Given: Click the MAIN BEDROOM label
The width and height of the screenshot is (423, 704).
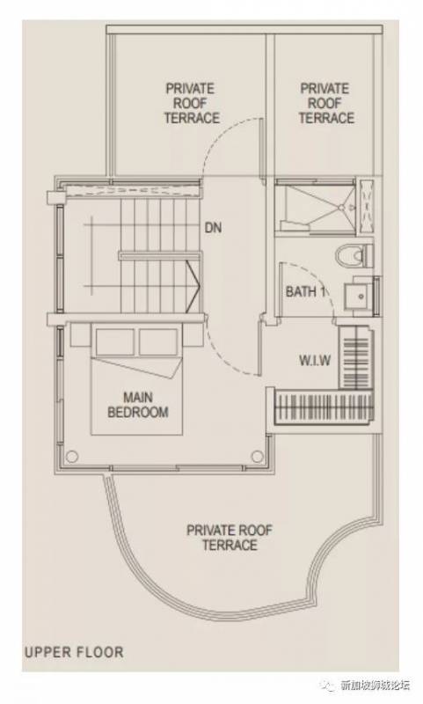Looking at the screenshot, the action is (x=138, y=405).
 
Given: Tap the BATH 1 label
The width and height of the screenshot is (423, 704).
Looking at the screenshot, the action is (x=305, y=291).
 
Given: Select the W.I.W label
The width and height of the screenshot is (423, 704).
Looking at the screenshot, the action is (x=315, y=360).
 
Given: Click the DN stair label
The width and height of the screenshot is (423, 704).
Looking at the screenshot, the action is (x=213, y=228).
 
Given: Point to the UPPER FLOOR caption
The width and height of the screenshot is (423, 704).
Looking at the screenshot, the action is (x=74, y=652).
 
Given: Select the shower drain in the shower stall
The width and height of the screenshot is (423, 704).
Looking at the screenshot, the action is (x=341, y=208).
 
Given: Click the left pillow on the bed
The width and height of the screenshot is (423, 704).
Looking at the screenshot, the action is (x=115, y=342).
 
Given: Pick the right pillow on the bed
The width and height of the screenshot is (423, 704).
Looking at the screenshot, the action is (x=158, y=342).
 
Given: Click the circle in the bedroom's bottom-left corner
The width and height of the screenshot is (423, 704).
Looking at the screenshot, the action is (x=71, y=457).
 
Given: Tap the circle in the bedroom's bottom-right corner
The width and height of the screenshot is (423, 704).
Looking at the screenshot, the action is (x=257, y=457).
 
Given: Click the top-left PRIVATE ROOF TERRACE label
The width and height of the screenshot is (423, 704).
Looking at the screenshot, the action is (x=192, y=103).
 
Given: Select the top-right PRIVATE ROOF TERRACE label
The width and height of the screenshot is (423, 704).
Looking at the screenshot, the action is (x=326, y=103).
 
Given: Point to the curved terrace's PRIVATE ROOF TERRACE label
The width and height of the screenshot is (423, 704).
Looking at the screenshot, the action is (x=230, y=538).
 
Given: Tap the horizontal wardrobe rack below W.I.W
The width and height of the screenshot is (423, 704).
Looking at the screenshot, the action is (x=323, y=407).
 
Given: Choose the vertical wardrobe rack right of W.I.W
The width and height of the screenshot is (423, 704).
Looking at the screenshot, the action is (x=355, y=358).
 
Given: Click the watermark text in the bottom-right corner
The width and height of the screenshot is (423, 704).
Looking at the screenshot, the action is (x=374, y=686).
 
